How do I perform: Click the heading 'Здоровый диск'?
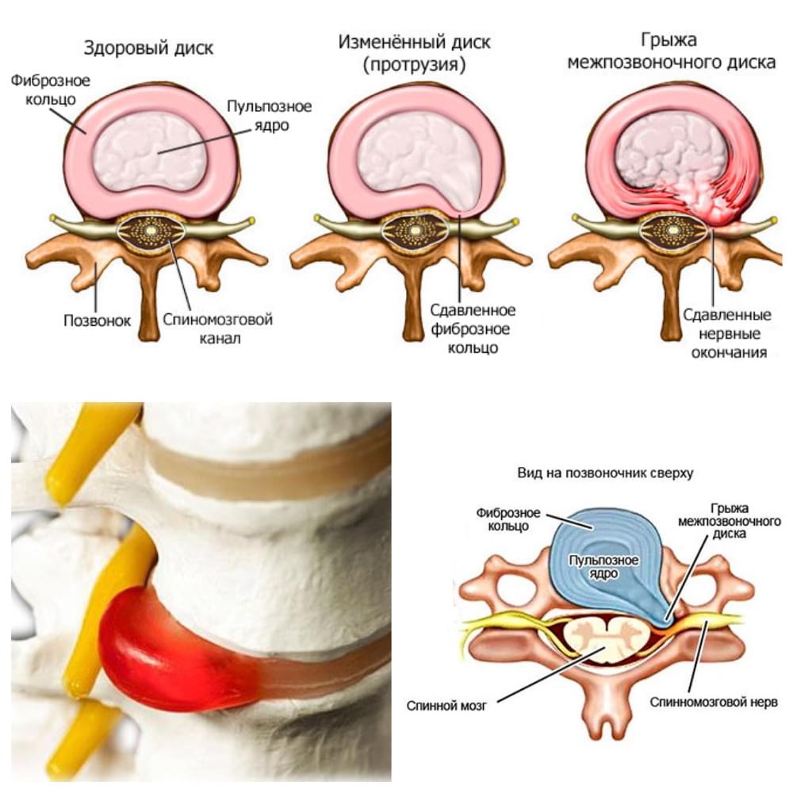148,48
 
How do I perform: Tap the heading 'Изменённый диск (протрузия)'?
414,53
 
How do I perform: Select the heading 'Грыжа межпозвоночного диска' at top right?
671,51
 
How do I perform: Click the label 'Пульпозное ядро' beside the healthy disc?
269,115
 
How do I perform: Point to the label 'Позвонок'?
97,320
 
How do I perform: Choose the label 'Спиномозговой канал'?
218,329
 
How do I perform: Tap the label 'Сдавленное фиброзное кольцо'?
473,329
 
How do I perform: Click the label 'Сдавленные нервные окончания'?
727,333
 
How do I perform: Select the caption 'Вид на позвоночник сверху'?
605,473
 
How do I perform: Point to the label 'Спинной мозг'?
446,706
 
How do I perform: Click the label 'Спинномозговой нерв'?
714,703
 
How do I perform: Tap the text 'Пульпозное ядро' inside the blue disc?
603,567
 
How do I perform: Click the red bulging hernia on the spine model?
172,653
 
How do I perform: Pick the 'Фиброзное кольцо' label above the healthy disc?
51,90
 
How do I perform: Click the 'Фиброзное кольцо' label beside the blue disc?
508,519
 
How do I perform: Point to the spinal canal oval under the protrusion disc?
415,231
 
